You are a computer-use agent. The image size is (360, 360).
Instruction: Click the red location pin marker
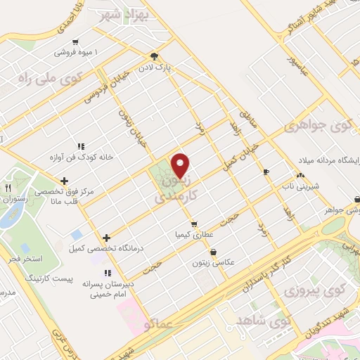point(181,165)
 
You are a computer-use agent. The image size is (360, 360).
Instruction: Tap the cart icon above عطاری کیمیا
point(194,224)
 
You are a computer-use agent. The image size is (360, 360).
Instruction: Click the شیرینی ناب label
point(301,186)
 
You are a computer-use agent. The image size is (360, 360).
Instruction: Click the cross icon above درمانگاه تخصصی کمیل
point(106,238)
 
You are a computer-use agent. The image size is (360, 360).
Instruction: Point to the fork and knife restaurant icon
point(8,188)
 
